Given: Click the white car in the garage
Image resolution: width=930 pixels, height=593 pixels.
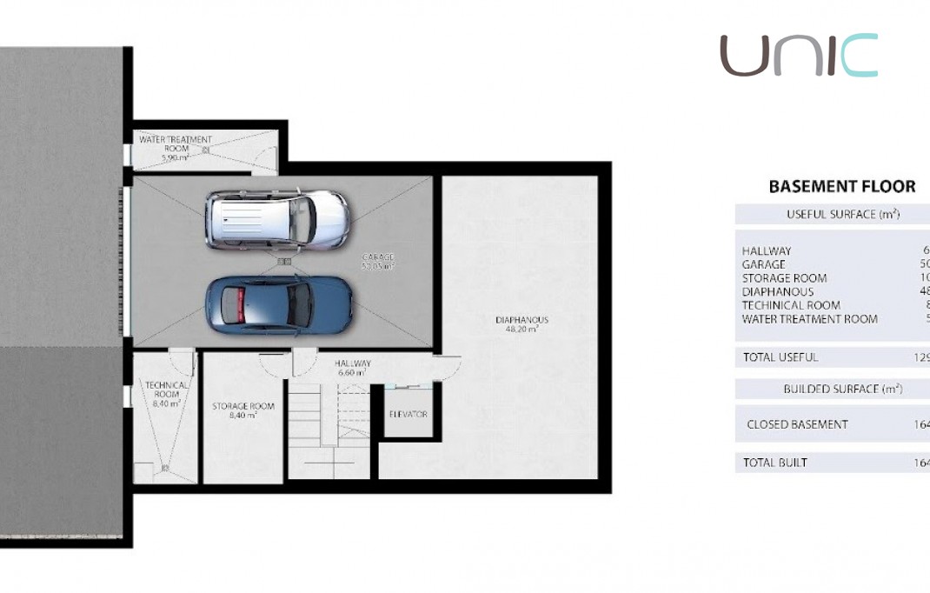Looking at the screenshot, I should coord(277,218).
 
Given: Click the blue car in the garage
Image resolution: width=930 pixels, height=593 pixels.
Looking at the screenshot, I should coord(278,305).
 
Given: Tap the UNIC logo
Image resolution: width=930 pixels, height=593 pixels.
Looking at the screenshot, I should coord(798,56).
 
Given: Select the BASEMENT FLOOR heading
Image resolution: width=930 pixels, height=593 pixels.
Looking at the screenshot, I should coord(841,186).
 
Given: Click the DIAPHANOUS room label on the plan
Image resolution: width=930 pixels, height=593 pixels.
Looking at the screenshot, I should coord(521,319).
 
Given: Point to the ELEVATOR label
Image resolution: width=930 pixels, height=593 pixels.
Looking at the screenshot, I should coord(408,414).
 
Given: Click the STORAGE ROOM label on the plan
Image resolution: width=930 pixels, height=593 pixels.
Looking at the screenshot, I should coord(243,406).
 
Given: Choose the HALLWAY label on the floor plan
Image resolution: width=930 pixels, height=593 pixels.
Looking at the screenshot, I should coord(353,363).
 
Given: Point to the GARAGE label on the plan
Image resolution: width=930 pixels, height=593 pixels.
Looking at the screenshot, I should coord(378,257).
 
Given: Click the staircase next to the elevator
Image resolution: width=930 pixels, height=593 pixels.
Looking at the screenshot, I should coord(328,417).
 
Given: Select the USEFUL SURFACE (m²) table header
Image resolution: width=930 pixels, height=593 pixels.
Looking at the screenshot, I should coord(842,214).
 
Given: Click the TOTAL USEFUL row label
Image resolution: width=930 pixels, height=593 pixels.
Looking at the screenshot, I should coord(780,356).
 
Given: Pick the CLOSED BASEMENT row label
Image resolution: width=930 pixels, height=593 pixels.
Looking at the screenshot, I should coord(797,424).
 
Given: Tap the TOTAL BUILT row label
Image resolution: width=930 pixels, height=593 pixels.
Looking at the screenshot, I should coord(775,463).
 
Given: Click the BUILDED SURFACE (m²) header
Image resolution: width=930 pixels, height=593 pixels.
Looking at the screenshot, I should coord(842,389).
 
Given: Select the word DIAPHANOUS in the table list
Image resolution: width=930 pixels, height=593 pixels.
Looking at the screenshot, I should coord(778,291).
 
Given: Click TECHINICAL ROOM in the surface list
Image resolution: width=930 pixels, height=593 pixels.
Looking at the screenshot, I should coord(791,305).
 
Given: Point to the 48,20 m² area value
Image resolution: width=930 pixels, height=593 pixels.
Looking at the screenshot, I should coord(521,330).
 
